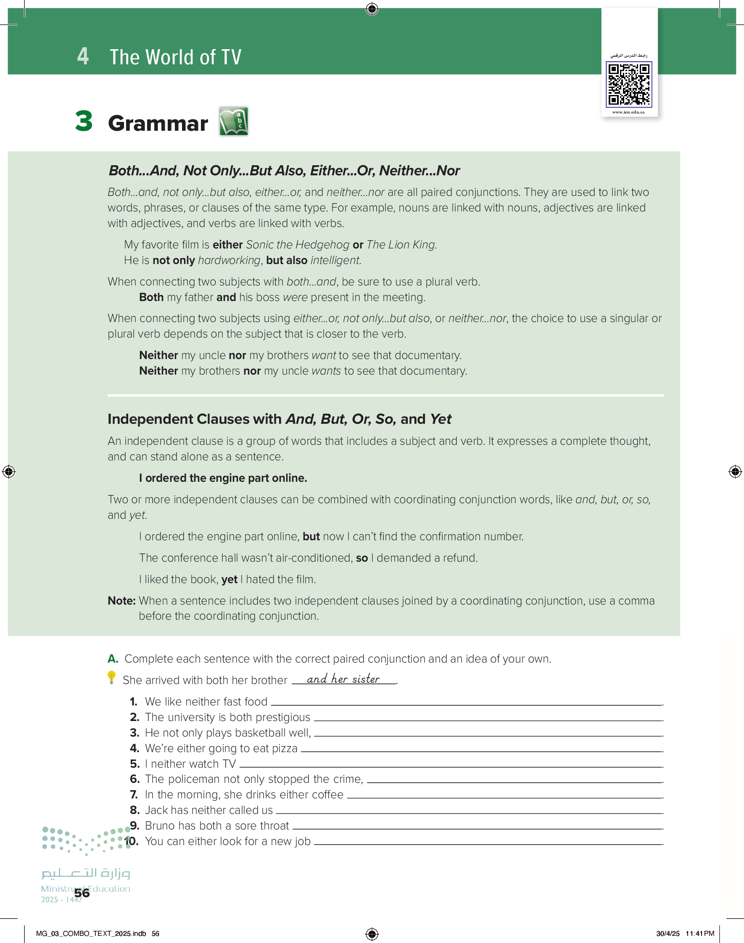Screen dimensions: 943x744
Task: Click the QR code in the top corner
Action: (628, 85)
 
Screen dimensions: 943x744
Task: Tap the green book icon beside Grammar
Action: (233, 121)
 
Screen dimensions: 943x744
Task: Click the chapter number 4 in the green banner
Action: (83, 56)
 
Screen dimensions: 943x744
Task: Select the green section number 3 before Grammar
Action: (84, 121)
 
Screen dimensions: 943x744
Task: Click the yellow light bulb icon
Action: (111, 677)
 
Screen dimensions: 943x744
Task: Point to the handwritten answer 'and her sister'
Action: (343, 679)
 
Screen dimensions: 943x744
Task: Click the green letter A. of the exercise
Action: (113, 658)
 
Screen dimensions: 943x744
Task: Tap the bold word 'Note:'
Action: (121, 601)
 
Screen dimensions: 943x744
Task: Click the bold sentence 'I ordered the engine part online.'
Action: (223, 478)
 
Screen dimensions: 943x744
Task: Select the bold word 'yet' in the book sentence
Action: (229, 579)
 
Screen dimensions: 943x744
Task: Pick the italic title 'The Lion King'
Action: (401, 245)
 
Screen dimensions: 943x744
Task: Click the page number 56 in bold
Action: (82, 893)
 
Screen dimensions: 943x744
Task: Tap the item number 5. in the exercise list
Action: (135, 763)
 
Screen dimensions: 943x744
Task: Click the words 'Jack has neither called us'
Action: (208, 810)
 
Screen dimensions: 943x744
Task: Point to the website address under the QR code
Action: (628, 112)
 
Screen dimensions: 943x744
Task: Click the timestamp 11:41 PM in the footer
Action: (699, 933)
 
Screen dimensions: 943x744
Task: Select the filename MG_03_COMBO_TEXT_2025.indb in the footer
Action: (91, 933)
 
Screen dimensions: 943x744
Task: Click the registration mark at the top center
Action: (372, 9)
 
